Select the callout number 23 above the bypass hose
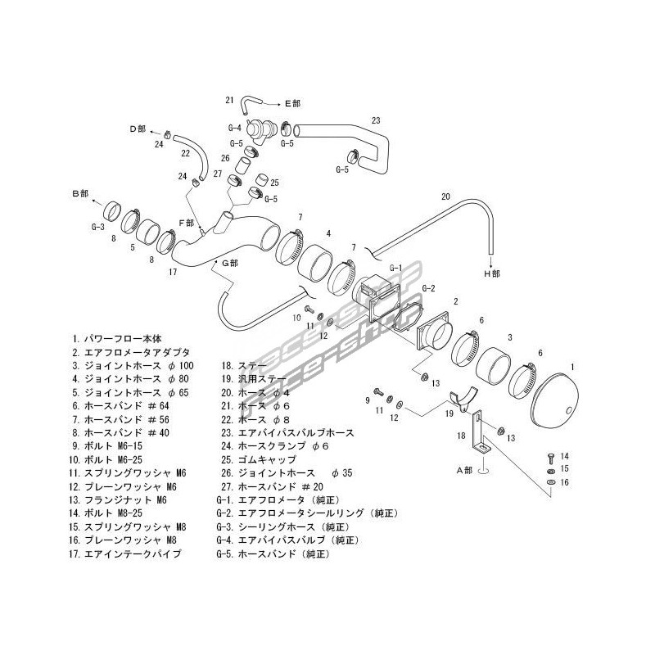[x=376, y=121]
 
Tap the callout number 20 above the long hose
[x=445, y=196]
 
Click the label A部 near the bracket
[x=465, y=470]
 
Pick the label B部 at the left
[x=79, y=193]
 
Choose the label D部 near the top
[x=137, y=129]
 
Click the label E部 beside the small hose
[x=292, y=103]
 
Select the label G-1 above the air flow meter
[x=396, y=268]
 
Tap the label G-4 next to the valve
[x=234, y=128]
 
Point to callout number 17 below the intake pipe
[x=173, y=271]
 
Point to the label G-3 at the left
[x=97, y=226]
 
